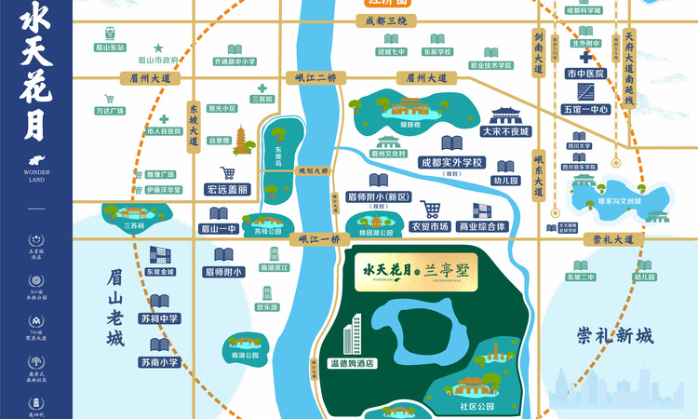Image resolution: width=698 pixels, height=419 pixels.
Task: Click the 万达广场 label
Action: click(110, 111)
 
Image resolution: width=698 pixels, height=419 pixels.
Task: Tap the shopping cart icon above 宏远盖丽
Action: click(228, 172)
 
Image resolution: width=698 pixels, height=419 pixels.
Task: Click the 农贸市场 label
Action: click(429, 226)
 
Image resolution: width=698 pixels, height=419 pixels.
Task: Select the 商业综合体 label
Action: click(482, 226)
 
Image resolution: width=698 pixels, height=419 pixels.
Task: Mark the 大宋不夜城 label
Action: click(504, 132)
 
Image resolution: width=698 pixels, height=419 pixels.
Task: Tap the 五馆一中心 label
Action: click(585, 109)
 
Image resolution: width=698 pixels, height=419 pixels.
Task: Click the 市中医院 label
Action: click(585, 73)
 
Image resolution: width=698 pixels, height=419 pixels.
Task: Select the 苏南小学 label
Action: click(159, 362)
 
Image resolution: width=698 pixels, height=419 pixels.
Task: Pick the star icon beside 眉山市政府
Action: click(158, 47)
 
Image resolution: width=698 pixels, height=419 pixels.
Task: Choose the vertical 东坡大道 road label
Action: click(195, 124)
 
